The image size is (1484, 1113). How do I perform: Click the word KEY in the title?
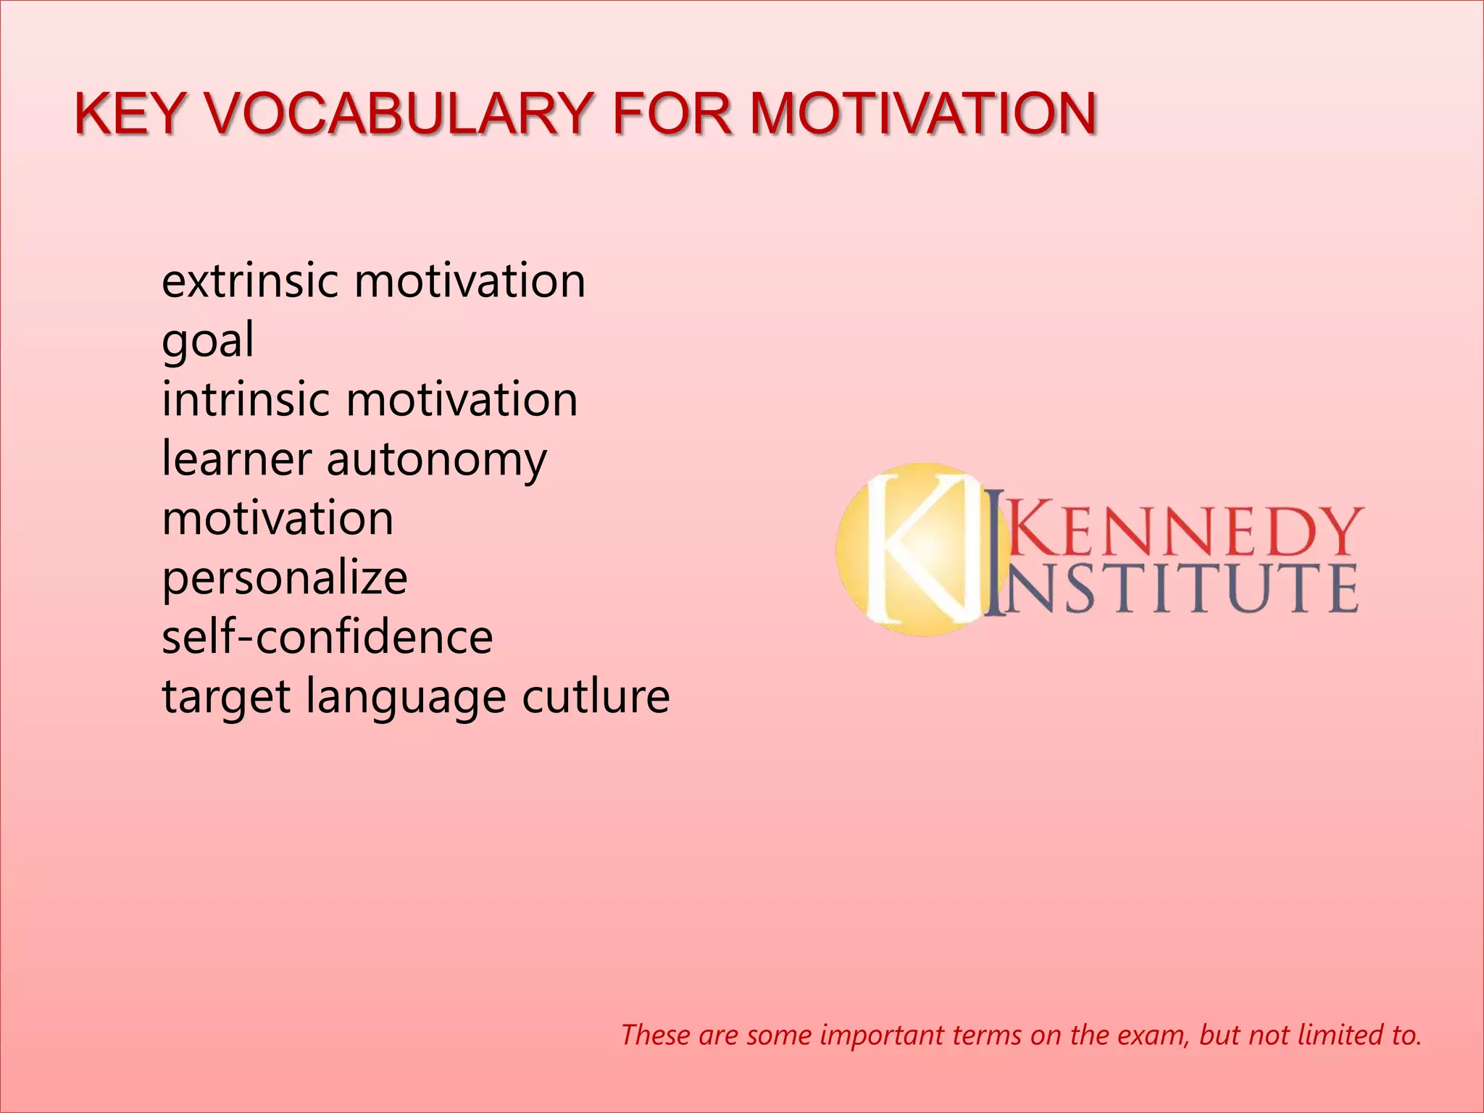(x=129, y=114)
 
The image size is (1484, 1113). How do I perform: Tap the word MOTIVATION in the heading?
(x=922, y=114)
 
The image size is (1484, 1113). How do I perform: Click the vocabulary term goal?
(x=208, y=341)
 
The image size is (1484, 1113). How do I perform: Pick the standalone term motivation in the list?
(x=278, y=519)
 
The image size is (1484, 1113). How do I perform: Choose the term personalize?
(x=285, y=579)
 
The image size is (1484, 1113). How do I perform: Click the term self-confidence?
(x=328, y=638)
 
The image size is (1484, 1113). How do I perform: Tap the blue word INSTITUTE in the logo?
(x=1174, y=588)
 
